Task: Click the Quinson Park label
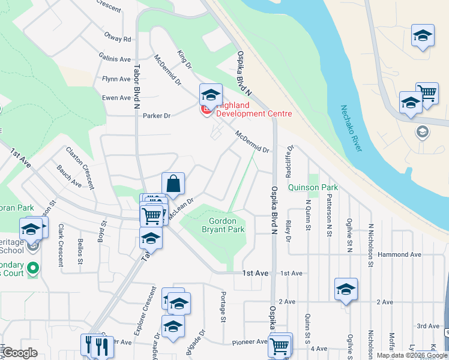(313, 187)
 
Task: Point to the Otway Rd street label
(117, 39)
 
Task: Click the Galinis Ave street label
(116, 59)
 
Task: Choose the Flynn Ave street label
(116, 79)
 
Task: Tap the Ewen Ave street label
(116, 98)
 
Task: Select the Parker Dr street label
(157, 116)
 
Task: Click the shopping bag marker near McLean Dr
(173, 185)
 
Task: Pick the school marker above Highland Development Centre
(211, 95)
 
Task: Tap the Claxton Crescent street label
(80, 168)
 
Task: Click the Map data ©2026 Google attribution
(411, 355)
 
